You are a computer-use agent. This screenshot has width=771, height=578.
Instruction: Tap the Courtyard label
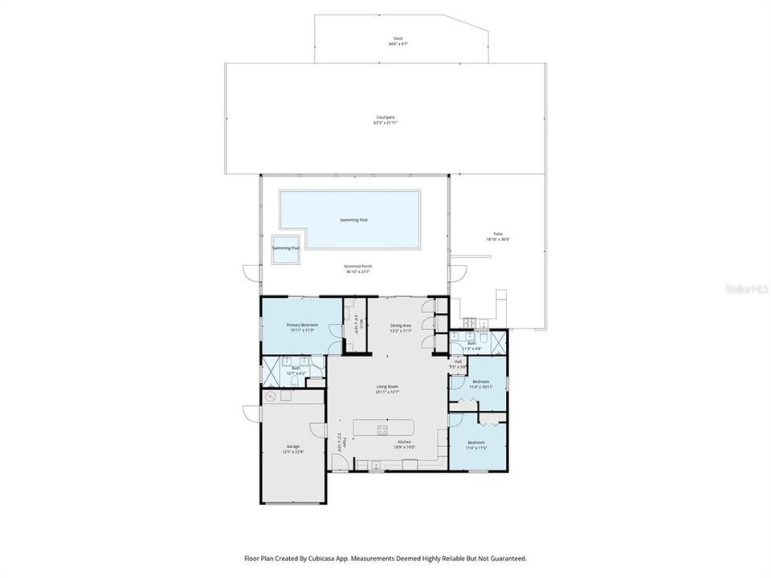pyautogui.click(x=385, y=120)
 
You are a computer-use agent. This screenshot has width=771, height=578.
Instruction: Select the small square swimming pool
pyautogui.click(x=285, y=248)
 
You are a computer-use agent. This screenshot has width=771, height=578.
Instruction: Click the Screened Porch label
pyautogui.click(x=358, y=269)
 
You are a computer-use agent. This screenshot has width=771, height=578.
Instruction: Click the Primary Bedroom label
pyautogui.click(x=301, y=327)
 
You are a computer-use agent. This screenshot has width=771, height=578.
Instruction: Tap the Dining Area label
pyautogui.click(x=401, y=327)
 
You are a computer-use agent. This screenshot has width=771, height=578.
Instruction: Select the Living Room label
pyautogui.click(x=388, y=389)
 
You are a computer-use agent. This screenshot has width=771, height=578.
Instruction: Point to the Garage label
pyautogui.click(x=292, y=449)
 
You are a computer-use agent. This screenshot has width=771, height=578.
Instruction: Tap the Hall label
pyautogui.click(x=458, y=364)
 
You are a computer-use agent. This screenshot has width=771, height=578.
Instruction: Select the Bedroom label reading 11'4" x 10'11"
pyautogui.click(x=480, y=384)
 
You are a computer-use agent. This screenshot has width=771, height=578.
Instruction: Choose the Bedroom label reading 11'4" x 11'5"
pyautogui.click(x=475, y=445)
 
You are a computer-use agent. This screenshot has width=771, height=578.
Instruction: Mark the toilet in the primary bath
pyautogui.click(x=317, y=370)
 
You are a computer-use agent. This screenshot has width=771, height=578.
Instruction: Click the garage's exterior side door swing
pyautogui.click(x=252, y=413)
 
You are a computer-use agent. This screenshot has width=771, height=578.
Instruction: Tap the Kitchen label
pyautogui.click(x=403, y=444)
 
